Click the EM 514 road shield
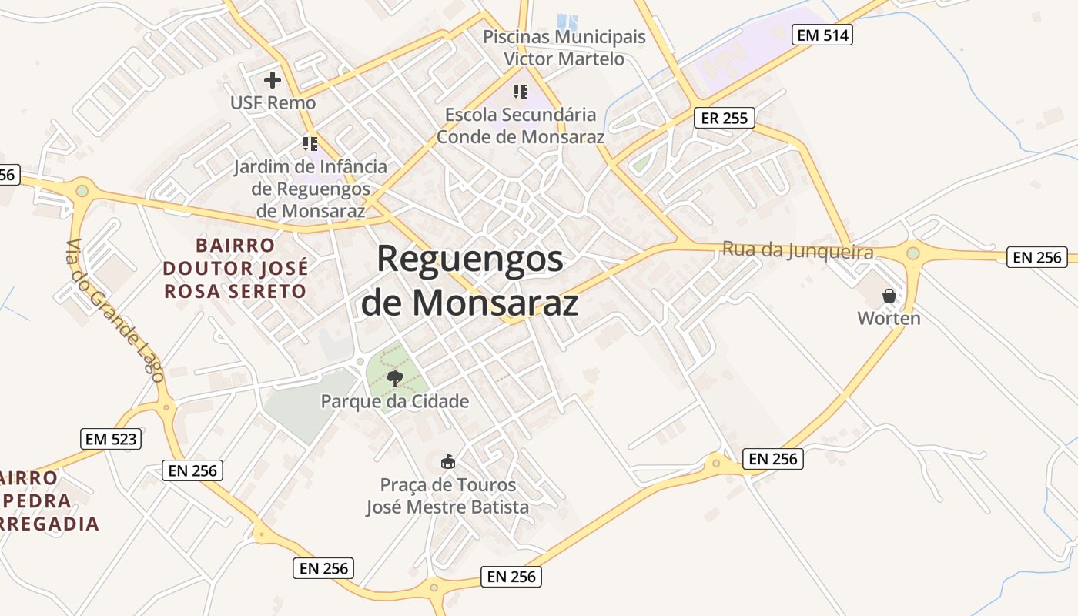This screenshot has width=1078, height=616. click(822, 35)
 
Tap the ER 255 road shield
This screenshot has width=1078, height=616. click(724, 118)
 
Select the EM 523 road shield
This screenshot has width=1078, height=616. click(111, 439)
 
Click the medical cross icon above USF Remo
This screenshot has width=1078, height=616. click(273, 79)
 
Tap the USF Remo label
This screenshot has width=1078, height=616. click(273, 102)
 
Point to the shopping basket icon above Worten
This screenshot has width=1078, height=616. click(889, 295)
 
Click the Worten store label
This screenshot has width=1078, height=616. click(889, 318)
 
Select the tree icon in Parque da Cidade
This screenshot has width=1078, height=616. click(395, 377)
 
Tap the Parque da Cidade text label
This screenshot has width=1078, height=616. click(395, 401)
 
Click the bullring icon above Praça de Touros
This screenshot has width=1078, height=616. click(447, 461)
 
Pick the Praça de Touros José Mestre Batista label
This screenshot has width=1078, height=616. click(447, 496)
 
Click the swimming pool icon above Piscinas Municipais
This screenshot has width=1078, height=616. click(567, 22)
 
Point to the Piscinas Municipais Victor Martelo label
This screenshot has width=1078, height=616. click(564, 48)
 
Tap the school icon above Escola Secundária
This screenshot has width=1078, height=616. click(521, 92)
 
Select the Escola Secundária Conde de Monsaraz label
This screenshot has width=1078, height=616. click(521, 126)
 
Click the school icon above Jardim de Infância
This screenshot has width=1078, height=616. click(310, 144)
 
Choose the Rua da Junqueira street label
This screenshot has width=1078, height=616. click(798, 251)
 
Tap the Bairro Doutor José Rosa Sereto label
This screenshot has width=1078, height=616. click(235, 268)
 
